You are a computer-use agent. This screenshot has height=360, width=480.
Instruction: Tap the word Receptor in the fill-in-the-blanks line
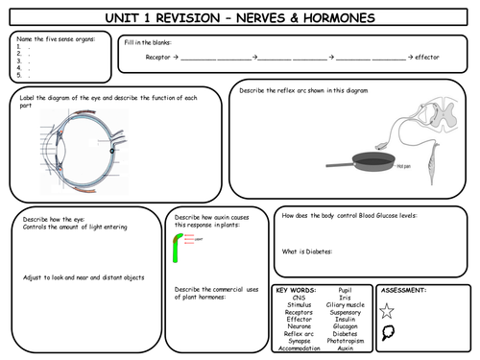coord(157,58)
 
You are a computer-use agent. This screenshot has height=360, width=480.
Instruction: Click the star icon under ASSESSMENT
coord(388,309)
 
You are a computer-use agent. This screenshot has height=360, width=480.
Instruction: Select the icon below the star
coord(388,333)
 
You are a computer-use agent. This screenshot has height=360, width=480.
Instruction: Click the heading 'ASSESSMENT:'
coord(404,288)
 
